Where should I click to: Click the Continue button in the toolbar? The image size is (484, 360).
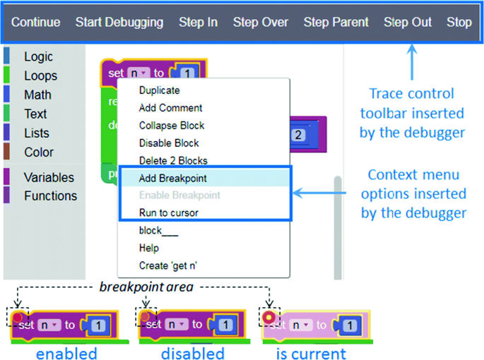[36, 23]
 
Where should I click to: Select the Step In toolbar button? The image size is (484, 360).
[198, 23]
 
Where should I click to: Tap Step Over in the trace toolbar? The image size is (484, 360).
[261, 23]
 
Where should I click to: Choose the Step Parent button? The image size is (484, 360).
[336, 23]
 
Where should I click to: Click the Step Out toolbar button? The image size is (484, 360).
[408, 23]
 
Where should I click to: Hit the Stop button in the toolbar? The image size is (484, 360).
[459, 23]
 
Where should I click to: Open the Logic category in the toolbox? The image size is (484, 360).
[38, 57]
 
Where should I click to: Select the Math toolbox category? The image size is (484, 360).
[37, 95]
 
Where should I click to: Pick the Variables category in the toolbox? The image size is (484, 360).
[48, 177]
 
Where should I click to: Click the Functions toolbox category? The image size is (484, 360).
[49, 196]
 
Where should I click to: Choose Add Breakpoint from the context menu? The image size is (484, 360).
[173, 178]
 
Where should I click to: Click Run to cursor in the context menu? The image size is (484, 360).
[169, 212]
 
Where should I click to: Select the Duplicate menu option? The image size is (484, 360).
[160, 90]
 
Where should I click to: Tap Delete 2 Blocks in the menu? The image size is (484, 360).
[173, 160]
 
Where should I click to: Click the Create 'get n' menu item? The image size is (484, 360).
[169, 265]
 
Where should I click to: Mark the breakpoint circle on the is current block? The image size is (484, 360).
[268, 317]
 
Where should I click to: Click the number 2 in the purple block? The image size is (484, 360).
[297, 135]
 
